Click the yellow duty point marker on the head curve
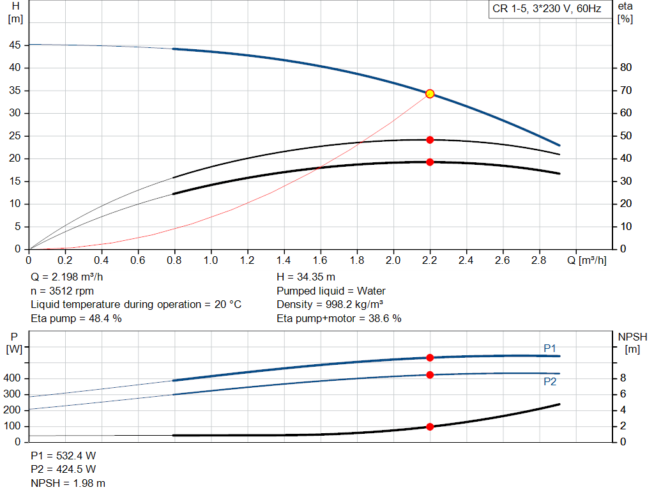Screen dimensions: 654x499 430,94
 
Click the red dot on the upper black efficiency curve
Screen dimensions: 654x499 430,140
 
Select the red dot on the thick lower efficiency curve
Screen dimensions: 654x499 430,162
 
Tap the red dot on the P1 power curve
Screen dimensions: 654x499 430,358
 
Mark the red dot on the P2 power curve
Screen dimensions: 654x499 430,374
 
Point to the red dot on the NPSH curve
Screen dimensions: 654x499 430,426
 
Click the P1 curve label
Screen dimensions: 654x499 550,348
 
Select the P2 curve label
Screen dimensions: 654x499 550,382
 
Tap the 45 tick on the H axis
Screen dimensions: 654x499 15,45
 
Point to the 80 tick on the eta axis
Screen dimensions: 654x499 626,68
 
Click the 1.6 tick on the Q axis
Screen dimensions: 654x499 320,260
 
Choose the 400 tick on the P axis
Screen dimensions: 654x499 11,378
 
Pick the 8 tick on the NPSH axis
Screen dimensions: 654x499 623,378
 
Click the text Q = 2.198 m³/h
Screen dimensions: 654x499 66,277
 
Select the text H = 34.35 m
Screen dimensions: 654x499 306,277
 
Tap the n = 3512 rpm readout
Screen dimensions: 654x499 62,291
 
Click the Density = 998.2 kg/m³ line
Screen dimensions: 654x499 330,305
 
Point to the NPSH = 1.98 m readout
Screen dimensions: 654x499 68,483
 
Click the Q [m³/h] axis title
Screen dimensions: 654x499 587,260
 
